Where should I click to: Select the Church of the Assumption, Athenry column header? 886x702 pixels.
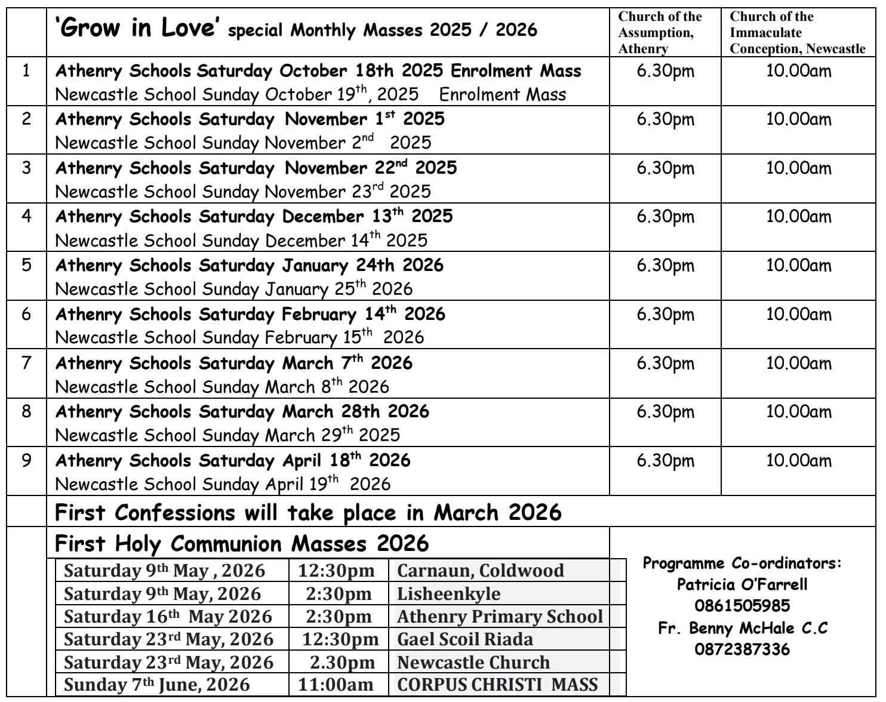660,32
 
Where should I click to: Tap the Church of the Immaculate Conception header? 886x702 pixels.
796,32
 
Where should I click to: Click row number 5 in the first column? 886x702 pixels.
26,265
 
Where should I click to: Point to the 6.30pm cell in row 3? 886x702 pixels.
666,168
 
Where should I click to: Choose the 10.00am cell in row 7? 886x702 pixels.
798,364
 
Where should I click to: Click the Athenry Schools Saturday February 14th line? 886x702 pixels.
250,314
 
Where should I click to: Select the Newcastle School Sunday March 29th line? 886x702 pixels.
227,435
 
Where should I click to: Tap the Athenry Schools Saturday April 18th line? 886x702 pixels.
233,461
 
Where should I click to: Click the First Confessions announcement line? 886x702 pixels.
308,512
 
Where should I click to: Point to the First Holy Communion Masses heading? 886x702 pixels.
242,544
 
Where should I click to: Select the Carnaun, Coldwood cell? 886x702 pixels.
480,570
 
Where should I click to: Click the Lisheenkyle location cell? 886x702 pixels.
448,594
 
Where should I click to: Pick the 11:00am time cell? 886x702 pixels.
336,684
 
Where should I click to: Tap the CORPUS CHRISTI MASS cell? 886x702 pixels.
497,684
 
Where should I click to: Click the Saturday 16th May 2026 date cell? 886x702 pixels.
168,616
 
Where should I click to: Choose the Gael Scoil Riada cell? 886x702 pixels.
464,639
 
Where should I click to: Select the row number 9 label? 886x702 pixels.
26,461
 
